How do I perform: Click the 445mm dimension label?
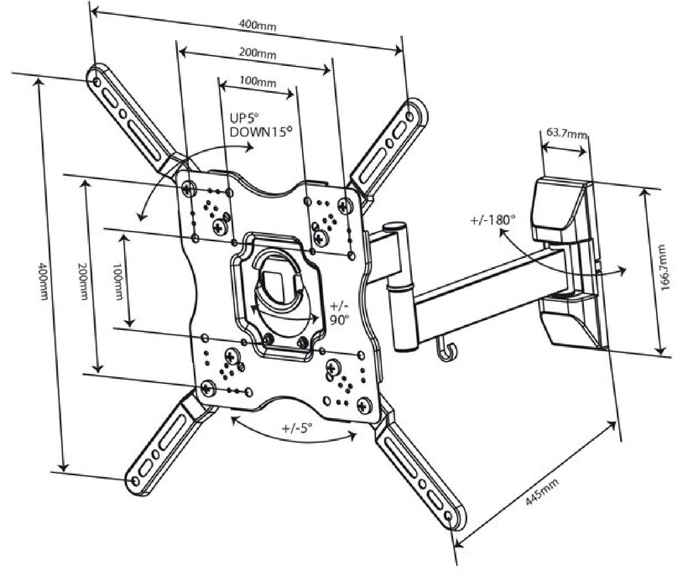coord(541,493)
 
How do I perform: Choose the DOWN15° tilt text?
coord(261,132)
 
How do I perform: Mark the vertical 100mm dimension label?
coord(118,282)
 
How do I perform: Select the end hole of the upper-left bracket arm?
coord(97,82)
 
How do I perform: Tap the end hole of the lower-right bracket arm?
coord(448,517)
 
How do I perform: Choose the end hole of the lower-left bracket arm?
coord(136,479)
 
